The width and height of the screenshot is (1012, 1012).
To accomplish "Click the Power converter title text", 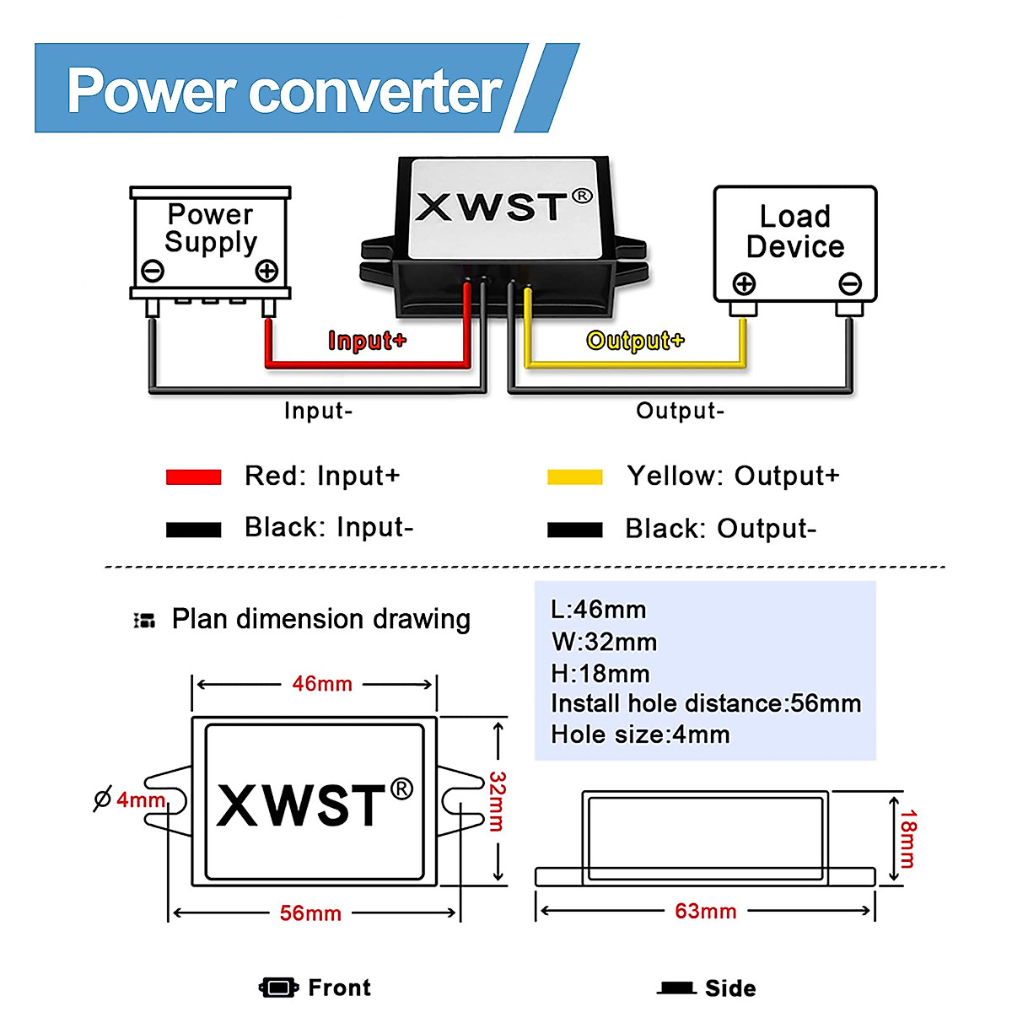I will [x=284, y=90].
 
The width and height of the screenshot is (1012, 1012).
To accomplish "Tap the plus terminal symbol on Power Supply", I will [x=266, y=271].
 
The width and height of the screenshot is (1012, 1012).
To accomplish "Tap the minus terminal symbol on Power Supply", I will [x=153, y=271].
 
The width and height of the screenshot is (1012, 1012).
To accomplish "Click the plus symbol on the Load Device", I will [x=744, y=283].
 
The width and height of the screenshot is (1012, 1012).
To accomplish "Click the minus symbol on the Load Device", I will [x=850, y=283].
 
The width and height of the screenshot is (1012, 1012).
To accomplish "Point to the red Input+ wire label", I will [x=367, y=341].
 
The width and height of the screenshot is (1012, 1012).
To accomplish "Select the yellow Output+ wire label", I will [x=635, y=341].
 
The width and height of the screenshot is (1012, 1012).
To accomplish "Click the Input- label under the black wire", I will [x=318, y=411].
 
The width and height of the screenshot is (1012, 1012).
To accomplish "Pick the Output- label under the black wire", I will [x=680, y=411].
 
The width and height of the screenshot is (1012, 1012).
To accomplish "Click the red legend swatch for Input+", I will [x=193, y=477].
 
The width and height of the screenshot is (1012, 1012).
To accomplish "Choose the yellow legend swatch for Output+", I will [x=574, y=477].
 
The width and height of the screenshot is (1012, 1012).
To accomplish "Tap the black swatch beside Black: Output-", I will [x=574, y=530].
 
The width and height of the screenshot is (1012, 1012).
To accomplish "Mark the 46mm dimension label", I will [x=322, y=684].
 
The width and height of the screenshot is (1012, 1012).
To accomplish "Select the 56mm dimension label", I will [x=310, y=913].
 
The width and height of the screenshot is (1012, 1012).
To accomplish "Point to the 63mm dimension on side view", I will [x=706, y=912].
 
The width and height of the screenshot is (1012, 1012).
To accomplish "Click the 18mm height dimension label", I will [x=907, y=838].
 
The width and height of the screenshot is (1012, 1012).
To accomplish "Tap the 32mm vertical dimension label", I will [x=498, y=801].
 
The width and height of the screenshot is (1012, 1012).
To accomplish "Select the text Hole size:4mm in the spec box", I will [x=640, y=735].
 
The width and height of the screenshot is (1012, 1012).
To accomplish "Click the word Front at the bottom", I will [x=339, y=988].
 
